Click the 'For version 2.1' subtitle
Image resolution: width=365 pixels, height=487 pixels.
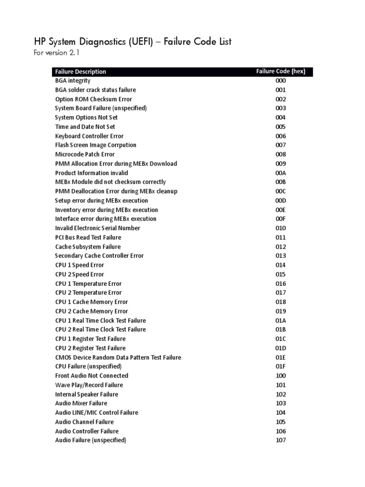(x=56, y=53)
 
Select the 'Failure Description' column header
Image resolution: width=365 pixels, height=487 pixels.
(x=80, y=72)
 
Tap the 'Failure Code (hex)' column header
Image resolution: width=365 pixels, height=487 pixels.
(x=280, y=71)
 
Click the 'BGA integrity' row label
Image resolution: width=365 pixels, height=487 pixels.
(x=73, y=81)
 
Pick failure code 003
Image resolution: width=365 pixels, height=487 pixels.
(x=280, y=108)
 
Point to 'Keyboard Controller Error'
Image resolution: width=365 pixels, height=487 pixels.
(x=89, y=136)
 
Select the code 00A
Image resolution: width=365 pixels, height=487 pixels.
(x=280, y=173)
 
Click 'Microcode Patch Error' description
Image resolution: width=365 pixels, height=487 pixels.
(x=85, y=155)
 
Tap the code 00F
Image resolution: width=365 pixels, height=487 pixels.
(x=280, y=219)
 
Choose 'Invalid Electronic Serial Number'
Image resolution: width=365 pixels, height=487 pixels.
(x=97, y=228)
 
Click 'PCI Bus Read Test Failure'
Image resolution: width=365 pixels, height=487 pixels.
(x=88, y=237)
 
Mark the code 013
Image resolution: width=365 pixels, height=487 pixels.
(x=280, y=256)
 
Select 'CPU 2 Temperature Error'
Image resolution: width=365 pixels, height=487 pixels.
(x=88, y=293)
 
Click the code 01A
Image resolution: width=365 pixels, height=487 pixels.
(x=280, y=321)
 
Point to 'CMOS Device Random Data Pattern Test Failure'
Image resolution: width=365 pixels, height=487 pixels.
(x=118, y=358)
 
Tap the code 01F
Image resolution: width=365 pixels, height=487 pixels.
(x=280, y=367)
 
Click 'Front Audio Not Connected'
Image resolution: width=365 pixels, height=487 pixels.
(x=92, y=376)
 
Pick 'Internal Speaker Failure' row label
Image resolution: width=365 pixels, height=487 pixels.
(x=86, y=394)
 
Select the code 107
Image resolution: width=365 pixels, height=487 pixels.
(x=280, y=440)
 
